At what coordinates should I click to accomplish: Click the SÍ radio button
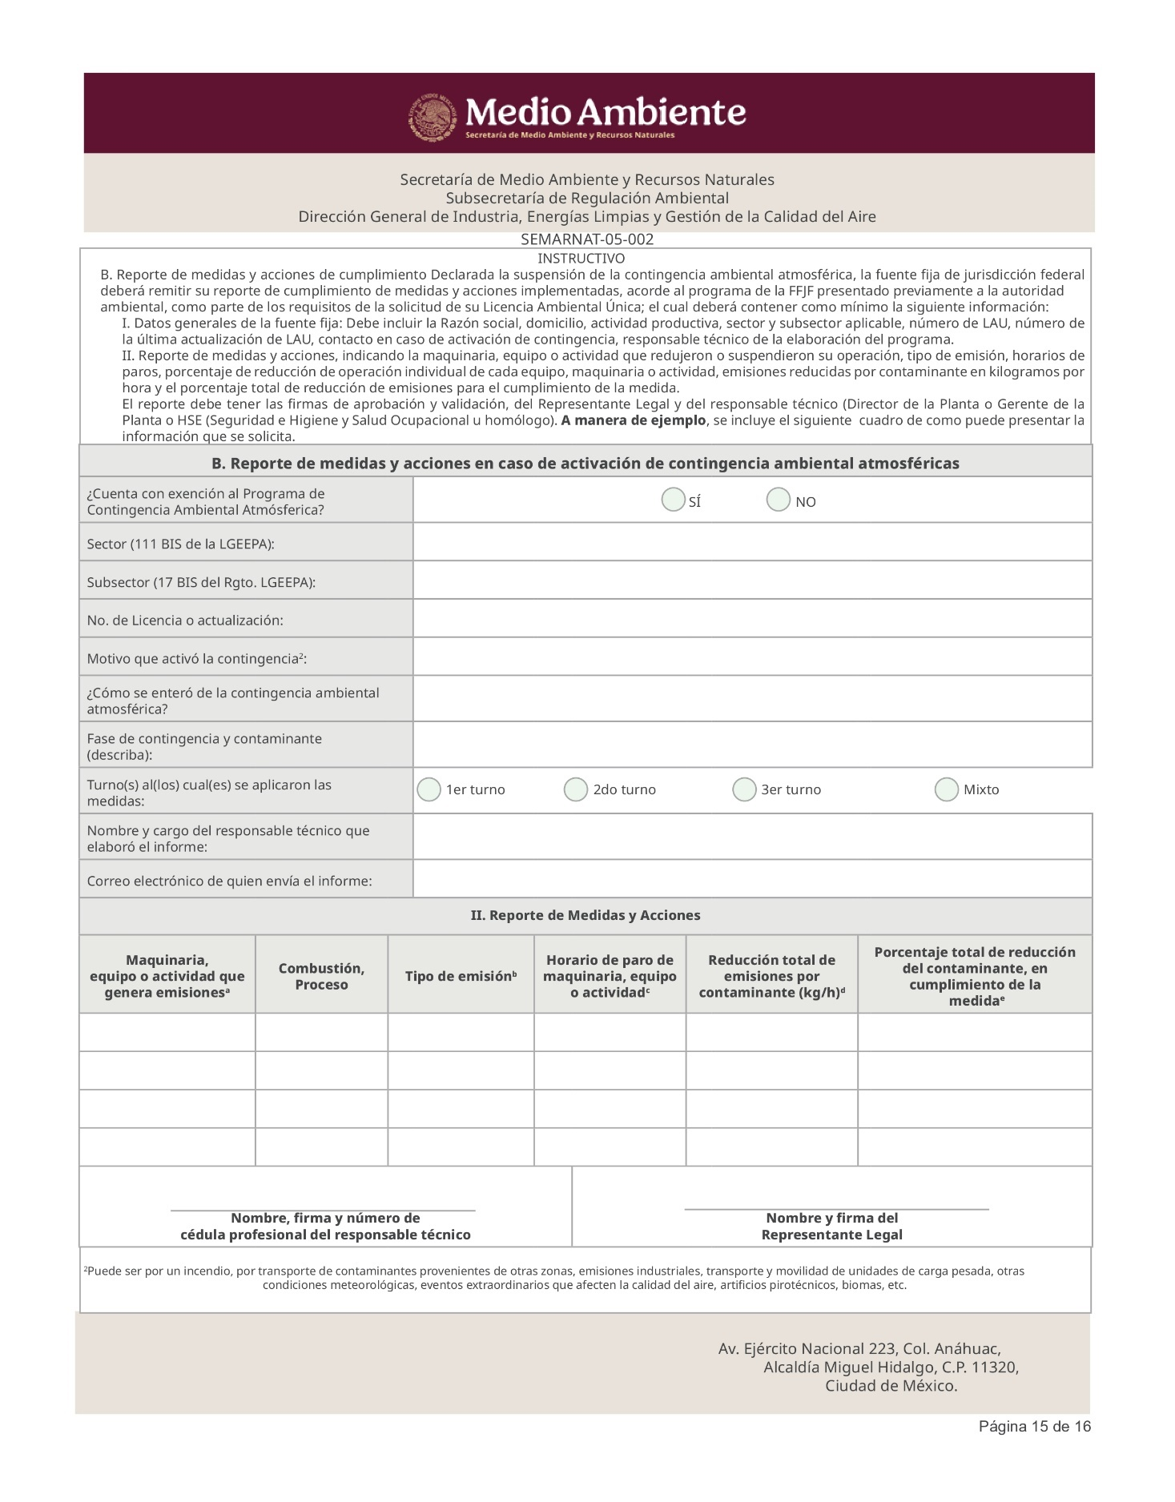pos(673,500)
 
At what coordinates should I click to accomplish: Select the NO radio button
pos(778,500)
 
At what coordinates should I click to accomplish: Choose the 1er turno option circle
pos(429,789)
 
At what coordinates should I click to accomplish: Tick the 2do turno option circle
pos(576,789)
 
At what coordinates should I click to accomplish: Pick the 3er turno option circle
pos(744,789)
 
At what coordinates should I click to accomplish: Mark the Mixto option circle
pos(947,789)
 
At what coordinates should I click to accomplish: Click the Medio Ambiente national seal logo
pos(432,118)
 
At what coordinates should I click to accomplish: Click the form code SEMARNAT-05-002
pos(587,239)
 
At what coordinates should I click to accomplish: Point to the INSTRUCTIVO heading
pos(581,259)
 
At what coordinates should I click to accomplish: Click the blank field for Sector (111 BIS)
pos(752,542)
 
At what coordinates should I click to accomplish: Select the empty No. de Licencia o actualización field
pos(752,619)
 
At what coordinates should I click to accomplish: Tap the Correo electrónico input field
pos(752,879)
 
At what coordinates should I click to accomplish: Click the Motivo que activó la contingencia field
pos(752,657)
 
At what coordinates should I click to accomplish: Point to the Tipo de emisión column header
pos(461,976)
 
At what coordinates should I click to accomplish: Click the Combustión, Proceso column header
pos(321,976)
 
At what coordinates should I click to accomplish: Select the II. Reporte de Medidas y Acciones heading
pos(585,915)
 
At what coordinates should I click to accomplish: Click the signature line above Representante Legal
pos(836,1208)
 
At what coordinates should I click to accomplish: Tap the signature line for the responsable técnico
pos(323,1209)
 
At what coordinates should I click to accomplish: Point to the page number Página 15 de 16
pos(1034,1426)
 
